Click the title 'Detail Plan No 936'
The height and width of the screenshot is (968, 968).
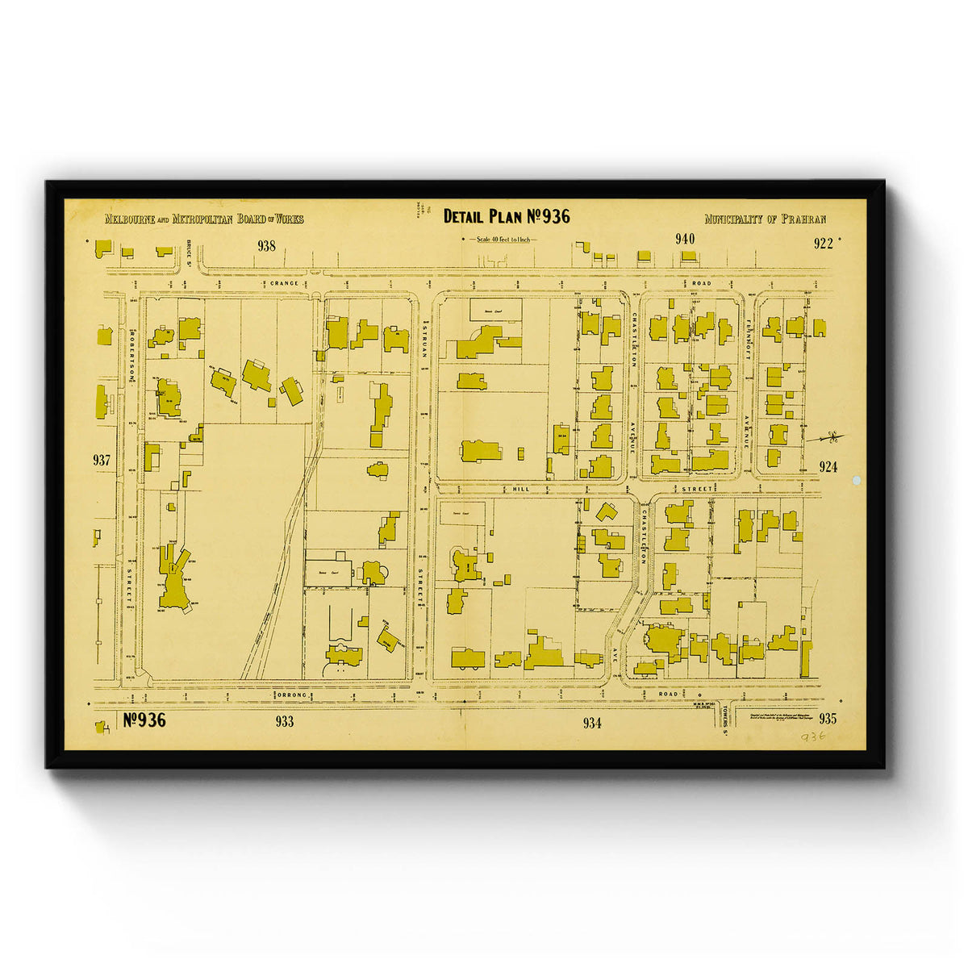[507, 216]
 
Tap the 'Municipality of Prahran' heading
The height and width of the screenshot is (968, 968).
[765, 219]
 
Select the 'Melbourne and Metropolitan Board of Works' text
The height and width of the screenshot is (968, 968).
[204, 219]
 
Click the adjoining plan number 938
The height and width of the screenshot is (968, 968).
[266, 246]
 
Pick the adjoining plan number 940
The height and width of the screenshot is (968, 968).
[685, 239]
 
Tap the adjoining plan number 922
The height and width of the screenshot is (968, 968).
[823, 244]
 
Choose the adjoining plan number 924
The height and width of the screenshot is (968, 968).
[828, 466]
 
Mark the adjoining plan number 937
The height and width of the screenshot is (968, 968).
[102, 461]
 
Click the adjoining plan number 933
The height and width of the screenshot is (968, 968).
[284, 722]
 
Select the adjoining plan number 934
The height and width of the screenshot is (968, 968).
[592, 724]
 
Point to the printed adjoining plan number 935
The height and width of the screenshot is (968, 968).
[827, 719]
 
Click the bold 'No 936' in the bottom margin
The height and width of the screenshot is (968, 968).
[145, 720]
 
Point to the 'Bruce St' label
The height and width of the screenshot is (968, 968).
[187, 248]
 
